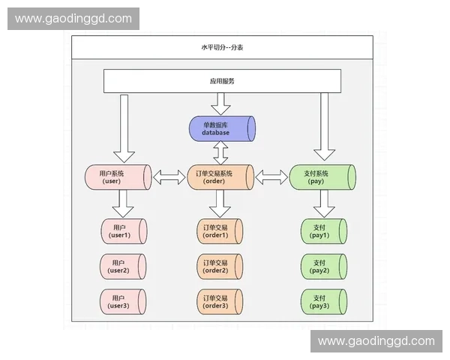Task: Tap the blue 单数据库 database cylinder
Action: pos(221,128)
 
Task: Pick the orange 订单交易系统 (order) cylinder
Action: pos(221,177)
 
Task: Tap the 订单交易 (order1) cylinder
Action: pos(218,231)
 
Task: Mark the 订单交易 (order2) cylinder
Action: pos(218,266)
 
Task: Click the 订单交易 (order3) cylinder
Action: pos(218,301)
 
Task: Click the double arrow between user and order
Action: pos(168,178)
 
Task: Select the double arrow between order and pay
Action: pos(272,178)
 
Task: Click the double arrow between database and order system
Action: pos(221,153)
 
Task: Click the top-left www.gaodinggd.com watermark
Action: pos(74,19)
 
